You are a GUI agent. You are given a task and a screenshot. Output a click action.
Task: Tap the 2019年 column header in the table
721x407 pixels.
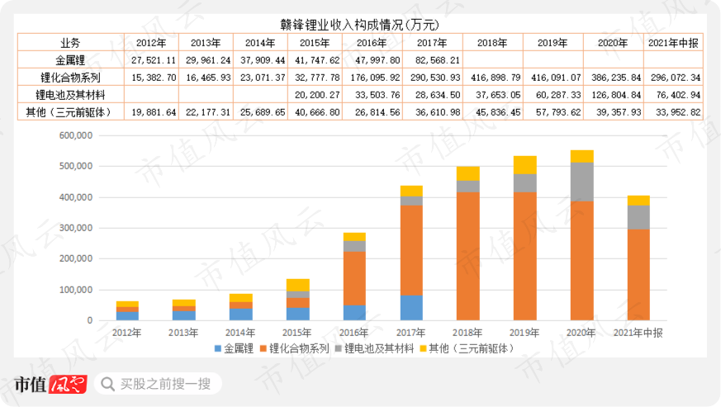(553, 42)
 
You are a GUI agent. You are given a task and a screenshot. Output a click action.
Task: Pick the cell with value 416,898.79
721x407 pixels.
(493, 77)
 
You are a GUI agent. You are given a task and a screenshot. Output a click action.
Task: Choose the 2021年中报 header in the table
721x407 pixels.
(674, 42)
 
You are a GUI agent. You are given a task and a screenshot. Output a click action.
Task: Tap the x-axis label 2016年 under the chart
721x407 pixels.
(354, 332)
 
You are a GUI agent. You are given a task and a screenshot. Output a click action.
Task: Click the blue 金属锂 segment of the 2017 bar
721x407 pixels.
(410, 308)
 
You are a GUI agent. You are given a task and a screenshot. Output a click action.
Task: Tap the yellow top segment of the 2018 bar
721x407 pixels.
(467, 173)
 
